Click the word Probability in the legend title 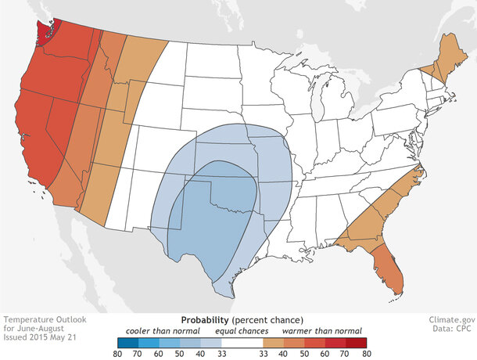point(205,320)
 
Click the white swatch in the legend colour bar point(238,342)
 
